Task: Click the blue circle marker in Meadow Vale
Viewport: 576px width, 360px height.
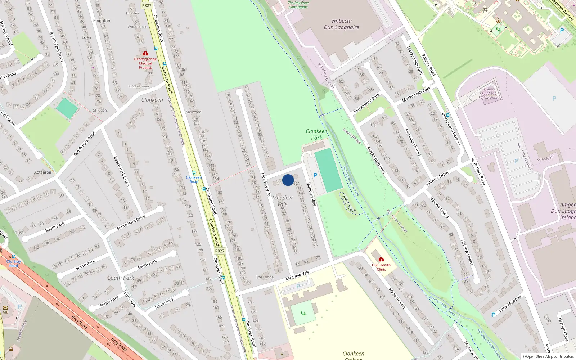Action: pos(288,180)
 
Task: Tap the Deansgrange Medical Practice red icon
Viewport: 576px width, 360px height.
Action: pos(145,53)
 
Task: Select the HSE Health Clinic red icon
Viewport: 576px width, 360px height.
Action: pos(381,259)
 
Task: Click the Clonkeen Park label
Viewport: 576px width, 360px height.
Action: pos(317,134)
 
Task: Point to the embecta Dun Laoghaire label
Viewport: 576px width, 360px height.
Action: pos(341,24)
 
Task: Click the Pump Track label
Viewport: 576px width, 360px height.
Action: pos(348,203)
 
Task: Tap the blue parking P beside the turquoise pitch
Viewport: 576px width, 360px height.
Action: pos(315,175)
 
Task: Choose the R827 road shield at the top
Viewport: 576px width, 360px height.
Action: pos(147,5)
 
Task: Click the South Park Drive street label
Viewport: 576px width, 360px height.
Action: pos(131,222)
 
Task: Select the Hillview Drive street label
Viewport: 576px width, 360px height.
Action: pos(437,179)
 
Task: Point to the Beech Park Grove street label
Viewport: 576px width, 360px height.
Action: pos(122,171)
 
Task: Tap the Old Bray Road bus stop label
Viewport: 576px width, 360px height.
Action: pos(14,264)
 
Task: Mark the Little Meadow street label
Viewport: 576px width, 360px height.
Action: pos(510,303)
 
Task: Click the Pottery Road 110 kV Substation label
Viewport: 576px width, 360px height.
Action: pos(490,93)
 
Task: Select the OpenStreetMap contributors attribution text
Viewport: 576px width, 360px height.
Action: pos(548,357)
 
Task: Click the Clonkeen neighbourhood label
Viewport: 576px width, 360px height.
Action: pos(152,100)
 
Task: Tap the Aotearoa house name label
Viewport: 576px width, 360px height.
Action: pos(42,172)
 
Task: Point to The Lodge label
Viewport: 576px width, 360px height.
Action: pos(265,277)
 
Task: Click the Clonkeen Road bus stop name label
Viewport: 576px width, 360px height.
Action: pos(194,179)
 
